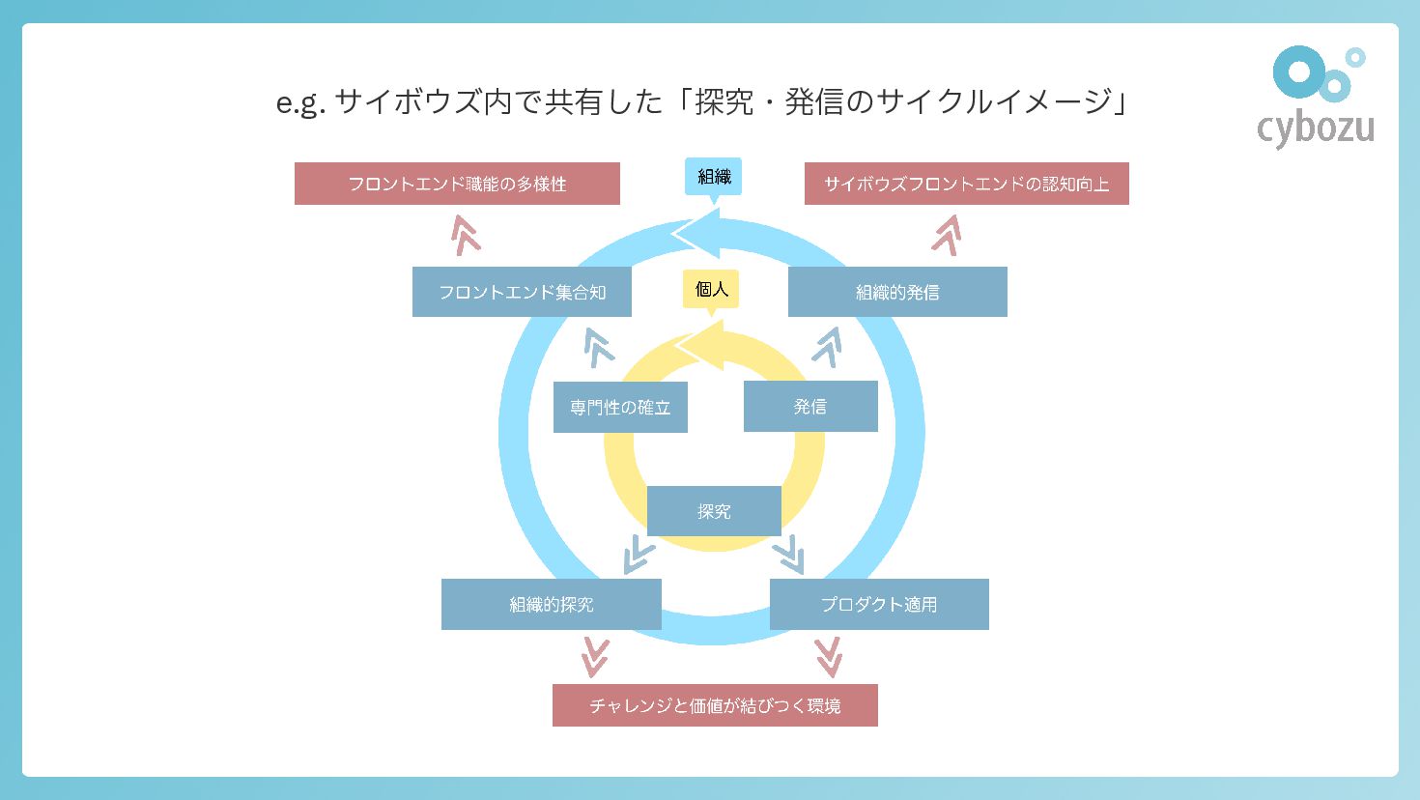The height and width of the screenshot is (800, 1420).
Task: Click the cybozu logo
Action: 1316,97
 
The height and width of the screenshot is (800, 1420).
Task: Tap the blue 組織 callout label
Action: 714,177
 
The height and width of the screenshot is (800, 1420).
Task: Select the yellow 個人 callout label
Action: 711,289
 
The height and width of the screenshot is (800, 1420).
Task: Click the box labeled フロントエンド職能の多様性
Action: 457,184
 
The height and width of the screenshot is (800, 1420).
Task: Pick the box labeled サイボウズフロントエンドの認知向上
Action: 966,184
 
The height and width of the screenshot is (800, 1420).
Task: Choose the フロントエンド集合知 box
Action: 522,292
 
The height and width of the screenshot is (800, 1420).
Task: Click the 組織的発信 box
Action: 897,292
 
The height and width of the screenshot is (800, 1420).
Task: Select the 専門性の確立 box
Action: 620,407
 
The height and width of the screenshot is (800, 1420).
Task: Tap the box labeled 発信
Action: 810,406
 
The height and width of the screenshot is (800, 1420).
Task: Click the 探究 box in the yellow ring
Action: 714,511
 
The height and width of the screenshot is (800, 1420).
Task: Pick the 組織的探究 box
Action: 552,604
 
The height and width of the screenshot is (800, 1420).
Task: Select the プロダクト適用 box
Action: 879,604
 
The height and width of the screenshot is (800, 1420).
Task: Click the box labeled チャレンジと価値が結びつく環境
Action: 715,705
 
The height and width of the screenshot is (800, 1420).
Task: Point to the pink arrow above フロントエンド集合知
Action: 466,235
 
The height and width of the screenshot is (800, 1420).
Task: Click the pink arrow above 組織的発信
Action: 947,235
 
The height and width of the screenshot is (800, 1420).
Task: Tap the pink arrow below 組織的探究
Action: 595,657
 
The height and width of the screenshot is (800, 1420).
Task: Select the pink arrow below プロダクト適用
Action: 829,657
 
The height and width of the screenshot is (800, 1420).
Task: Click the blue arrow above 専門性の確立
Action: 599,347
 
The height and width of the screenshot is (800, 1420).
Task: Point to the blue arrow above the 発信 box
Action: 828,346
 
